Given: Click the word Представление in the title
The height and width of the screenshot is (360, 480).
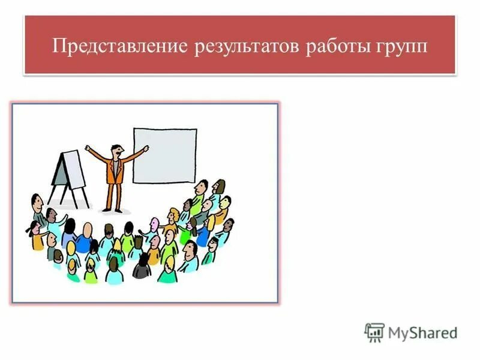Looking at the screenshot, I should pyautogui.click(x=118, y=46).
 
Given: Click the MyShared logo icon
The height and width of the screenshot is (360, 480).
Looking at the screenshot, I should pyautogui.click(x=374, y=332).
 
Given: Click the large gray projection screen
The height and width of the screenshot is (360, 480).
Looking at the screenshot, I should pyautogui.click(x=164, y=155).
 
